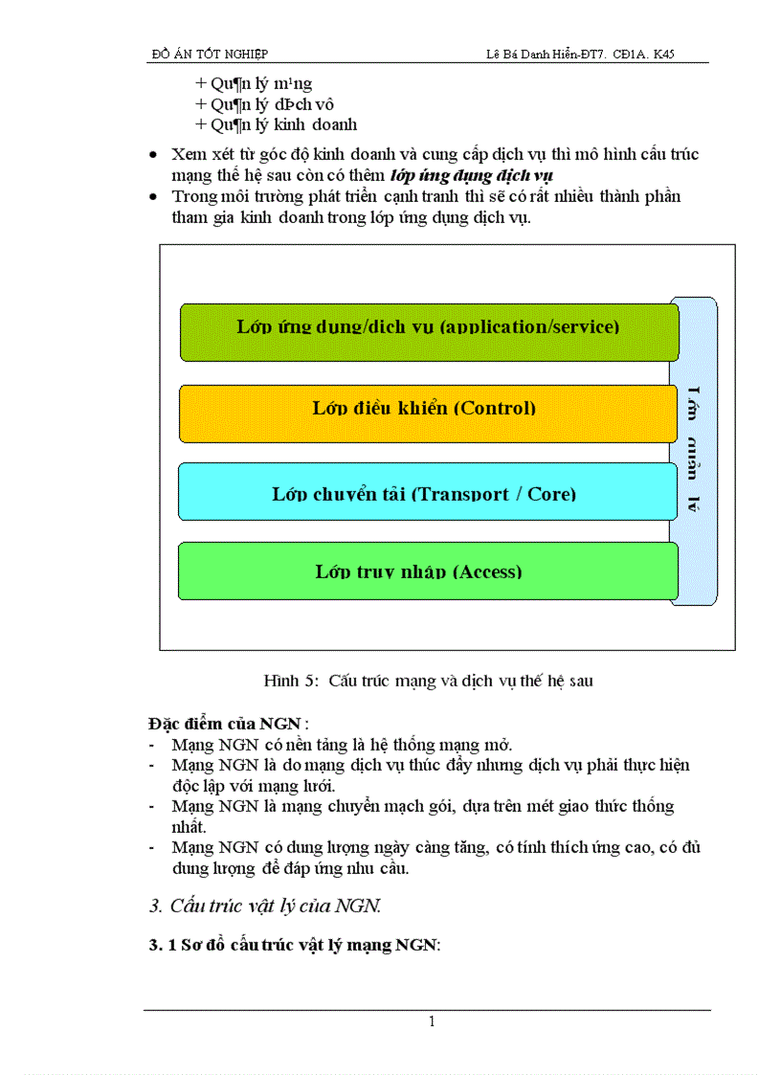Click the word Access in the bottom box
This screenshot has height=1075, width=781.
(x=488, y=571)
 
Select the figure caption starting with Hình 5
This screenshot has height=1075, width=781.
(x=428, y=681)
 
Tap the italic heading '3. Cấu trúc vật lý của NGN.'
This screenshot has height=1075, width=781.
(x=265, y=905)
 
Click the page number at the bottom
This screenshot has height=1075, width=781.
(x=432, y=1021)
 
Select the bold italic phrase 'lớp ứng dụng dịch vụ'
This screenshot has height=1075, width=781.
(x=472, y=175)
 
